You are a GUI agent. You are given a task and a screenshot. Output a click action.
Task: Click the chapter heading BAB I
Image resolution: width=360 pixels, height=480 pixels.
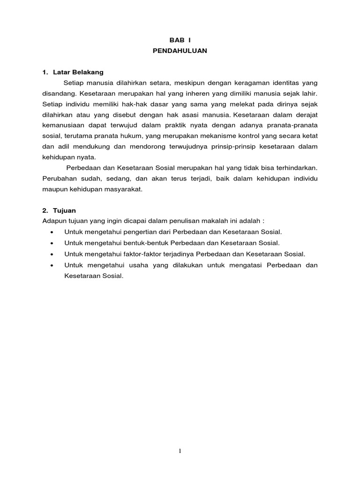(x=180, y=41)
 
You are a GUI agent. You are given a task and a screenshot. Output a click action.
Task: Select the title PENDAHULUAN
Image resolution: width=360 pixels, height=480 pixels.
(x=180, y=52)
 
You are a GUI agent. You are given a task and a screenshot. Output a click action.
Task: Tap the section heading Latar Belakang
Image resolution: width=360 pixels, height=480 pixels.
(x=77, y=73)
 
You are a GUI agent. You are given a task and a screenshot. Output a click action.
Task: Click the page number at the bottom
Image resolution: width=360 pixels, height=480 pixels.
(x=180, y=451)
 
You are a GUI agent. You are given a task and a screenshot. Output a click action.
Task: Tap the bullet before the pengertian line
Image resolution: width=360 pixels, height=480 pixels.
(x=51, y=232)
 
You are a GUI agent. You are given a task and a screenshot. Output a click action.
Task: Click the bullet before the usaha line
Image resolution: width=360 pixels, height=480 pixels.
(x=51, y=265)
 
